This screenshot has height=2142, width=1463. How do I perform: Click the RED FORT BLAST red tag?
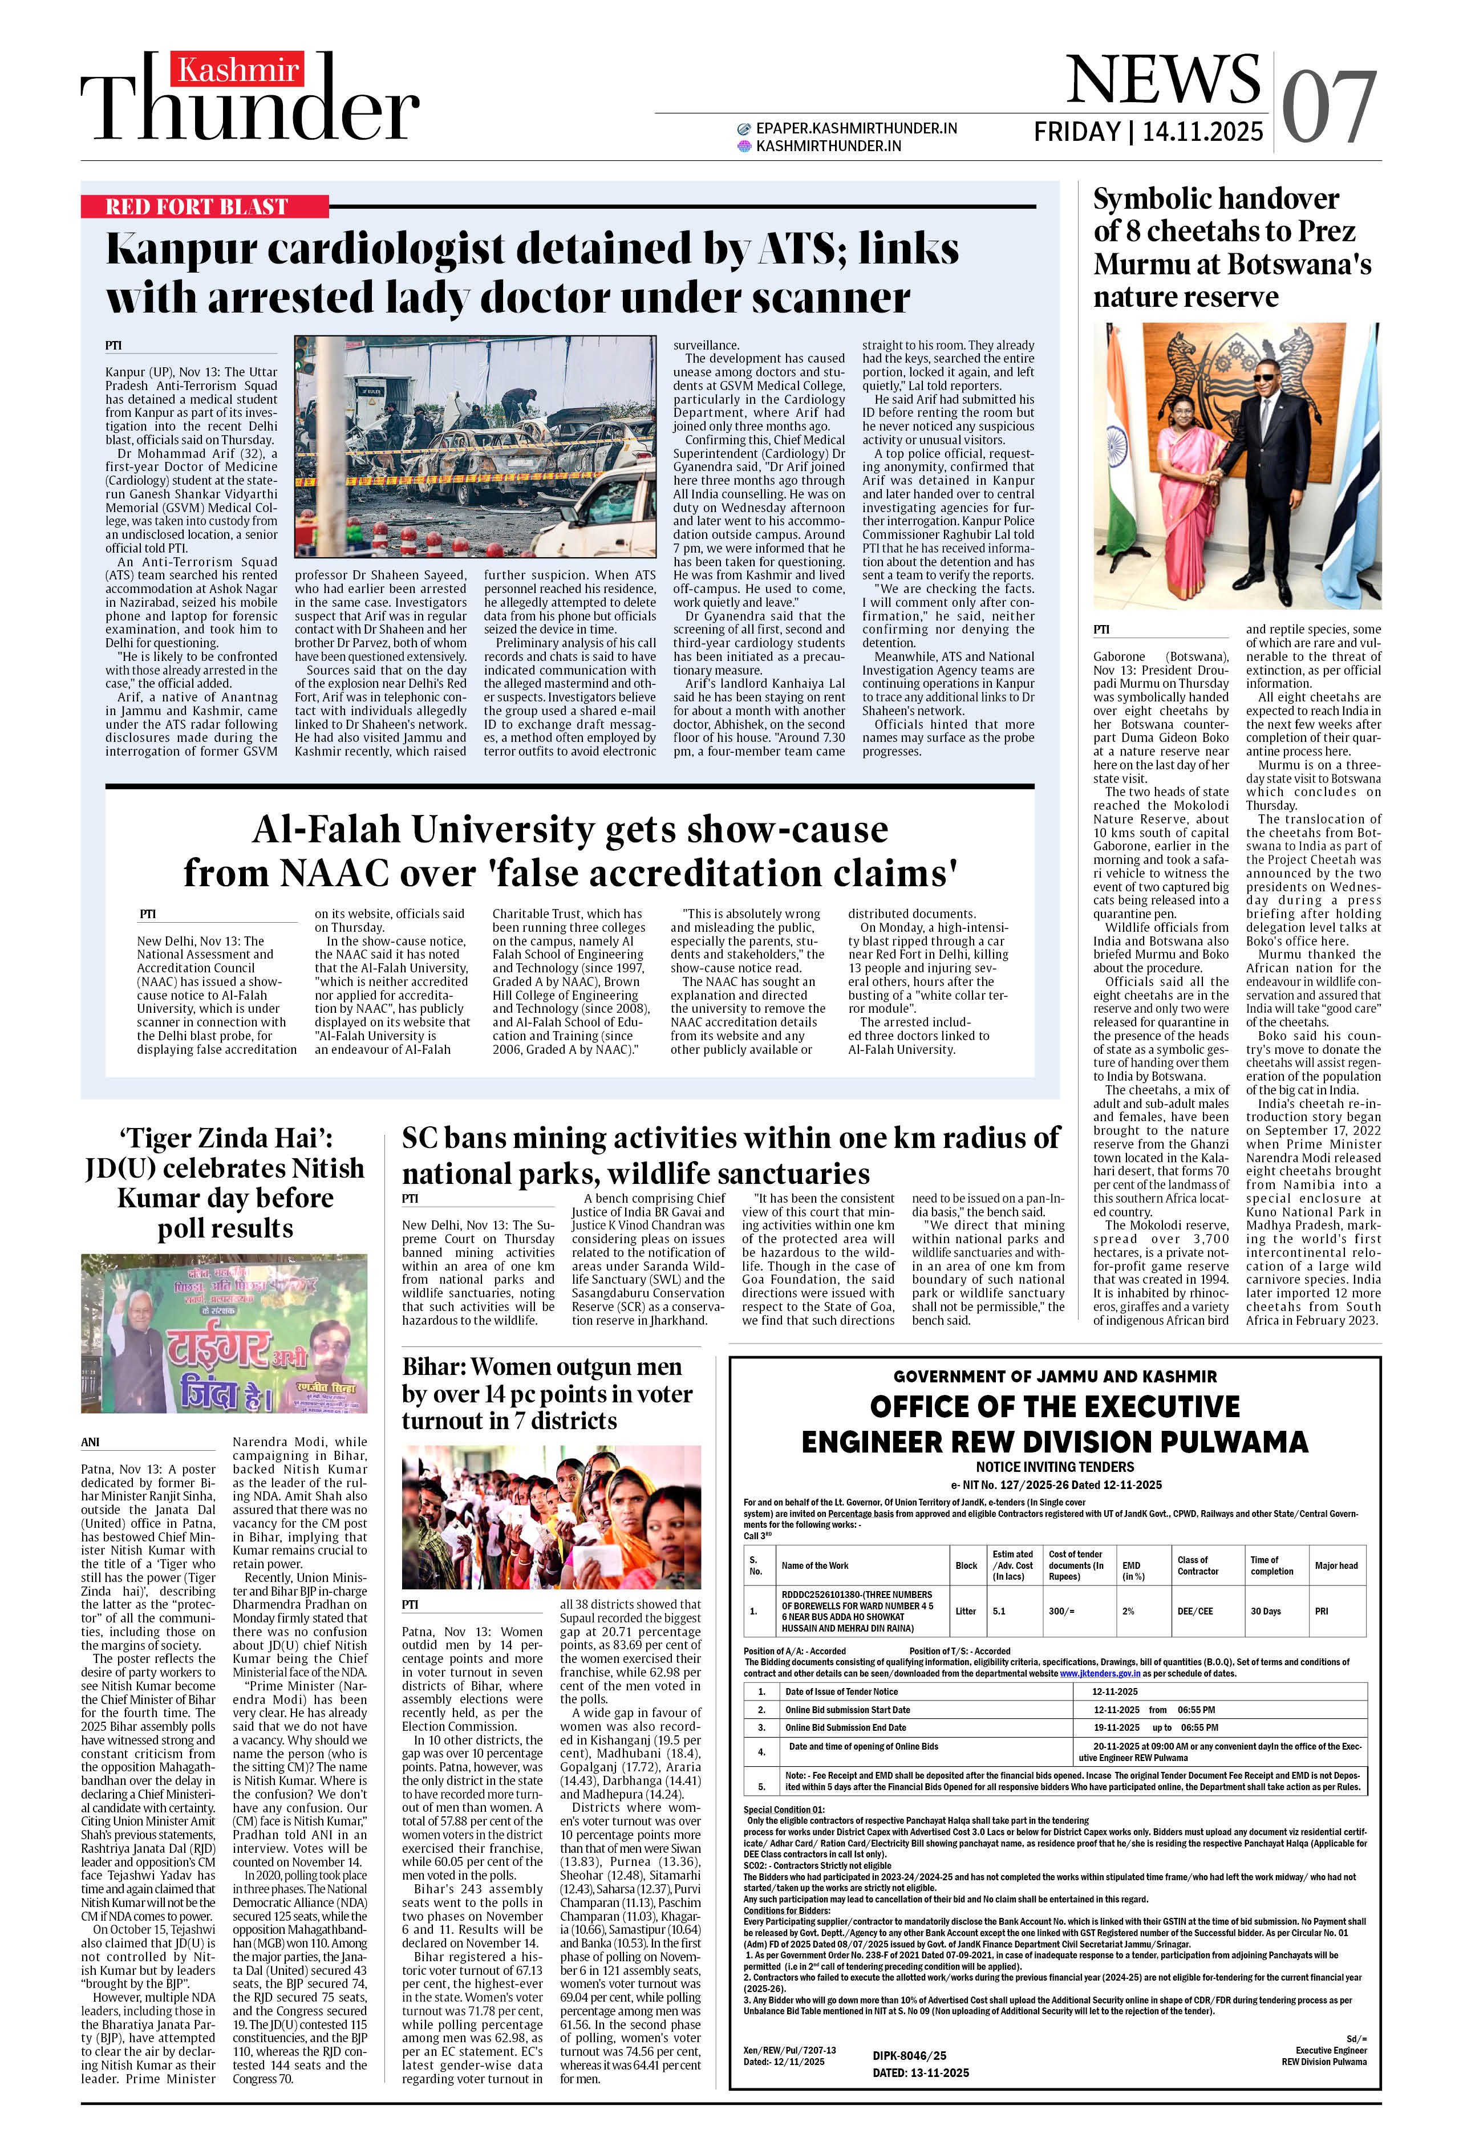click(196, 206)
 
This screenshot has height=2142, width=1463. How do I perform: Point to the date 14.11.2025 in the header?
click(1202, 132)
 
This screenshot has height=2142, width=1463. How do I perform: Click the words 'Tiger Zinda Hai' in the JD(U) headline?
click(225, 1138)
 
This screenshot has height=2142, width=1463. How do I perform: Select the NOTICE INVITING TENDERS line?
click(1055, 1466)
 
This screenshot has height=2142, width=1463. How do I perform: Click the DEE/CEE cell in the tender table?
click(1195, 1611)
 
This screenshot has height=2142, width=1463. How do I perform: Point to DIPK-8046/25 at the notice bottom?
click(909, 2055)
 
